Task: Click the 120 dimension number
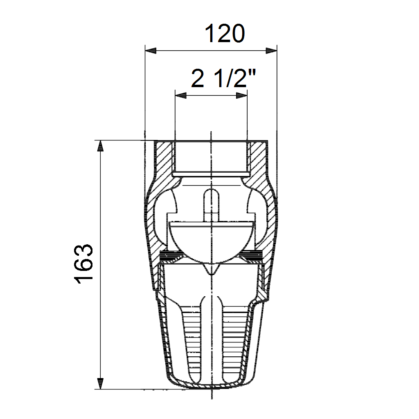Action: pyautogui.click(x=225, y=34)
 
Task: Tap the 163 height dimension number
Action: pyautogui.click(x=83, y=264)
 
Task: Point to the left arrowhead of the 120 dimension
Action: pyautogui.click(x=151, y=51)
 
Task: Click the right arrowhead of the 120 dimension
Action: pyautogui.click(x=271, y=51)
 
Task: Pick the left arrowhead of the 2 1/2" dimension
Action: pyautogui.click(x=180, y=95)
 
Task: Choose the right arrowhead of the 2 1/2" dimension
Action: pyautogui.click(x=241, y=95)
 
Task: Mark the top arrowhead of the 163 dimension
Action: pyautogui.click(x=100, y=146)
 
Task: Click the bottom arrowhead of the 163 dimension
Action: pyautogui.click(x=100, y=383)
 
